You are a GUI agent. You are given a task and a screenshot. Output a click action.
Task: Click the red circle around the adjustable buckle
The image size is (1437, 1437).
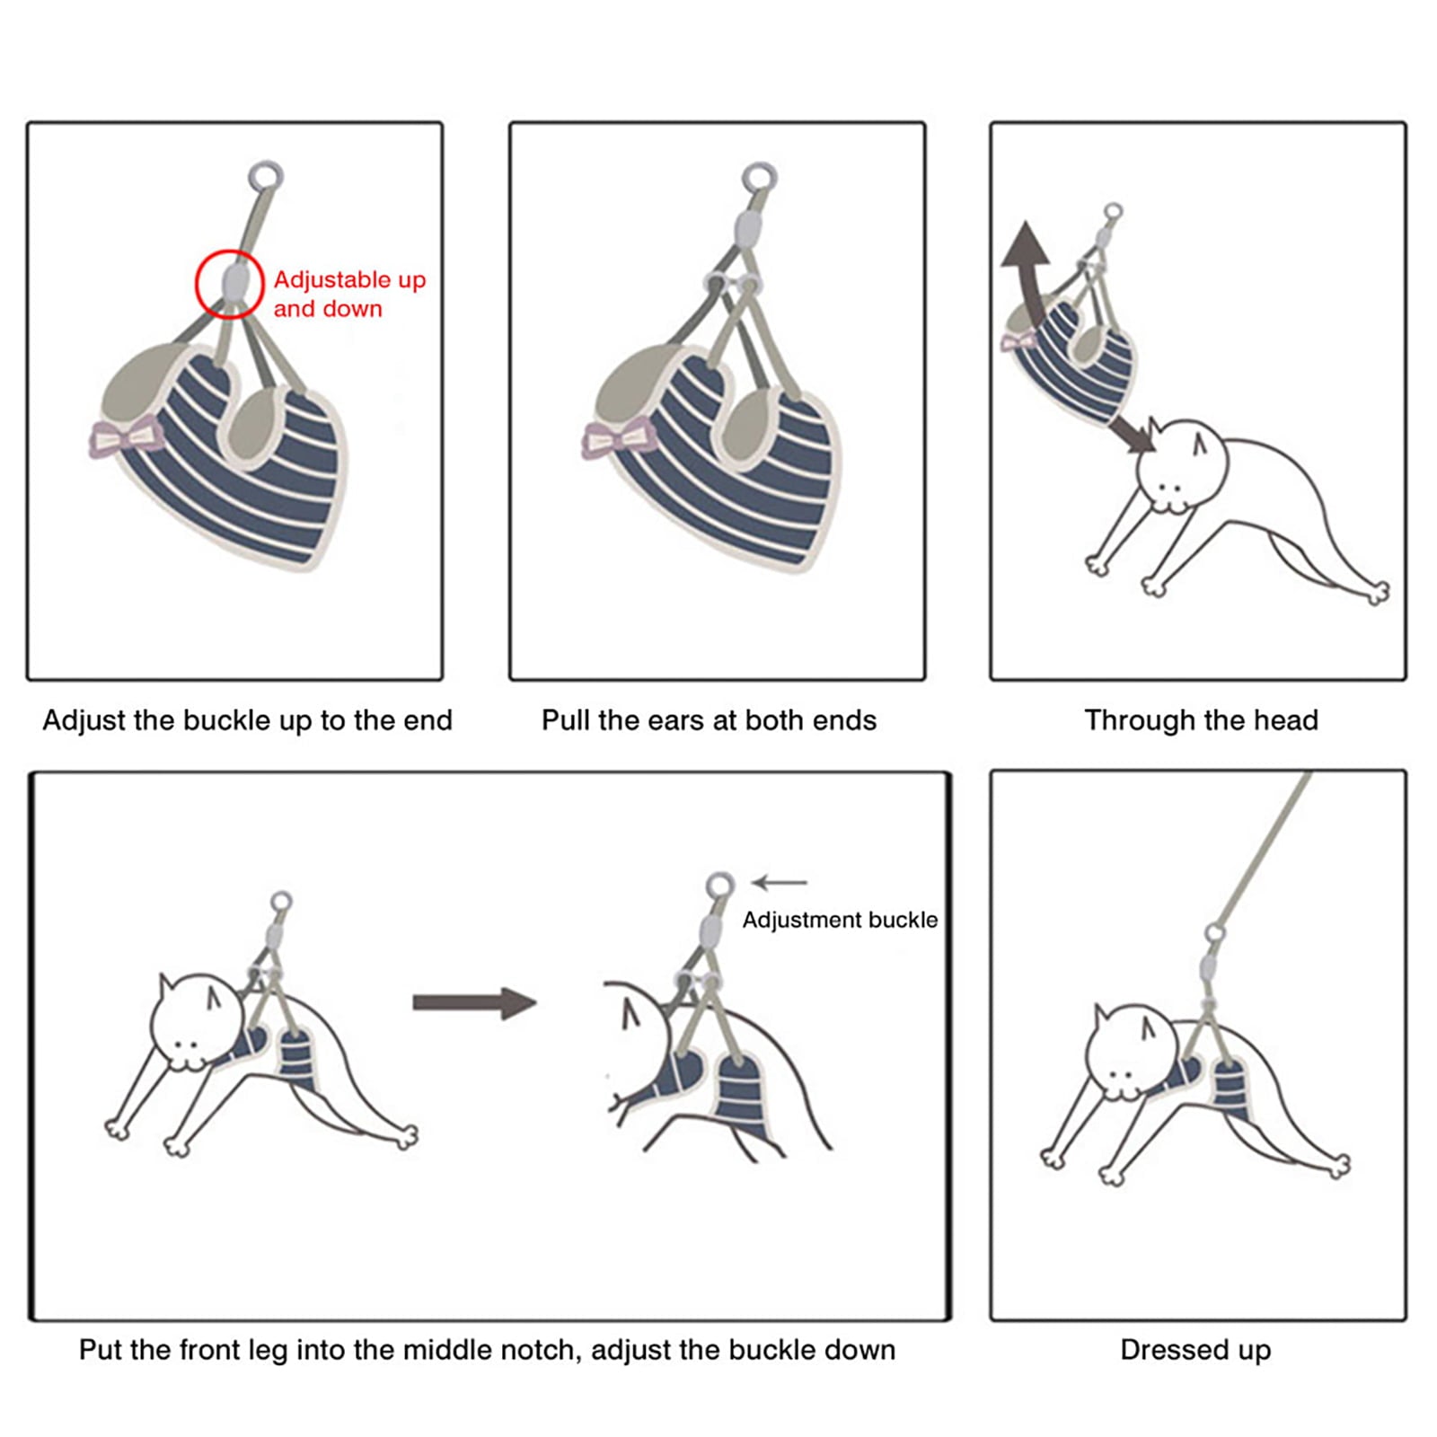pos(197,284)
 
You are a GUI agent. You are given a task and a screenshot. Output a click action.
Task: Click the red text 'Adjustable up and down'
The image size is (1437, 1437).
pos(349,294)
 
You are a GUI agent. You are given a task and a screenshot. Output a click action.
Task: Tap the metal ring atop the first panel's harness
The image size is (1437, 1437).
pos(266,176)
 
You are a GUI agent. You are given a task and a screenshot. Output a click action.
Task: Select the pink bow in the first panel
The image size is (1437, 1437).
pos(127,439)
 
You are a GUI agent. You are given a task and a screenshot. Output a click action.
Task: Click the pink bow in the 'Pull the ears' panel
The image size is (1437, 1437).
pos(619,439)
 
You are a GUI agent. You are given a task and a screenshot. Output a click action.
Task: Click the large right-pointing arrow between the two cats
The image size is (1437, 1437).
pos(474,1002)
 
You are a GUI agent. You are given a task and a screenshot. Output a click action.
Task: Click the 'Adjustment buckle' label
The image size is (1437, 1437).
pos(840,920)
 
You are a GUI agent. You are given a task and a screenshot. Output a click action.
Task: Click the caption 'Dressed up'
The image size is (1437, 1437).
pos(1195,1350)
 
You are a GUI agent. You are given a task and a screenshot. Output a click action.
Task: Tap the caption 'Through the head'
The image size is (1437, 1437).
pos(1201,720)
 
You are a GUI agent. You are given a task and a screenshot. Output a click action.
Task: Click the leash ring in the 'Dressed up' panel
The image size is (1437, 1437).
pos(1215,934)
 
